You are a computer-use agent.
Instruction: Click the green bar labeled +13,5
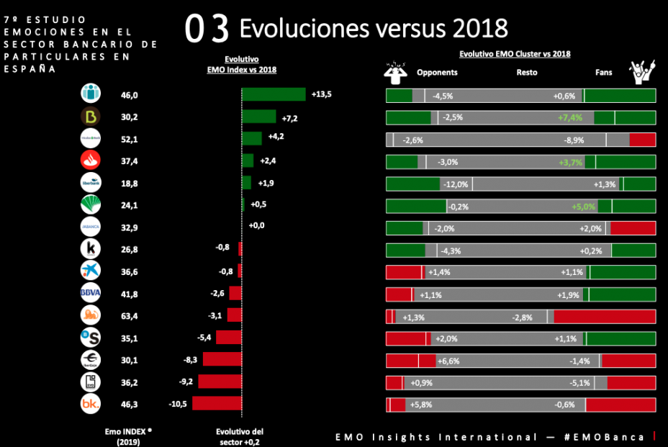pyautogui.click(x=274, y=94)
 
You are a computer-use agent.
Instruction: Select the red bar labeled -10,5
pyautogui.click(x=217, y=404)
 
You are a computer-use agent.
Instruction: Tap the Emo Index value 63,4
pyautogui.click(x=130, y=315)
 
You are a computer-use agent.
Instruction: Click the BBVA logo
pyautogui.click(x=91, y=293)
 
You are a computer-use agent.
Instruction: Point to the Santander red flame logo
pyautogui.click(x=91, y=161)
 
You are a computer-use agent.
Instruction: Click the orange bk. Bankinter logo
pyautogui.click(x=91, y=405)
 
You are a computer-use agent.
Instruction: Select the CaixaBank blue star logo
pyautogui.click(x=91, y=271)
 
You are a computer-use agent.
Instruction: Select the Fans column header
pyautogui.click(x=604, y=73)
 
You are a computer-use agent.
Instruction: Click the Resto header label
pyautogui.click(x=526, y=73)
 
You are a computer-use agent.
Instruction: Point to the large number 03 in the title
pyautogui.click(x=207, y=29)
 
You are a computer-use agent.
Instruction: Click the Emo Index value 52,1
pyautogui.click(x=130, y=138)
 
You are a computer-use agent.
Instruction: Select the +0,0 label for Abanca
pyautogui.click(x=257, y=226)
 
